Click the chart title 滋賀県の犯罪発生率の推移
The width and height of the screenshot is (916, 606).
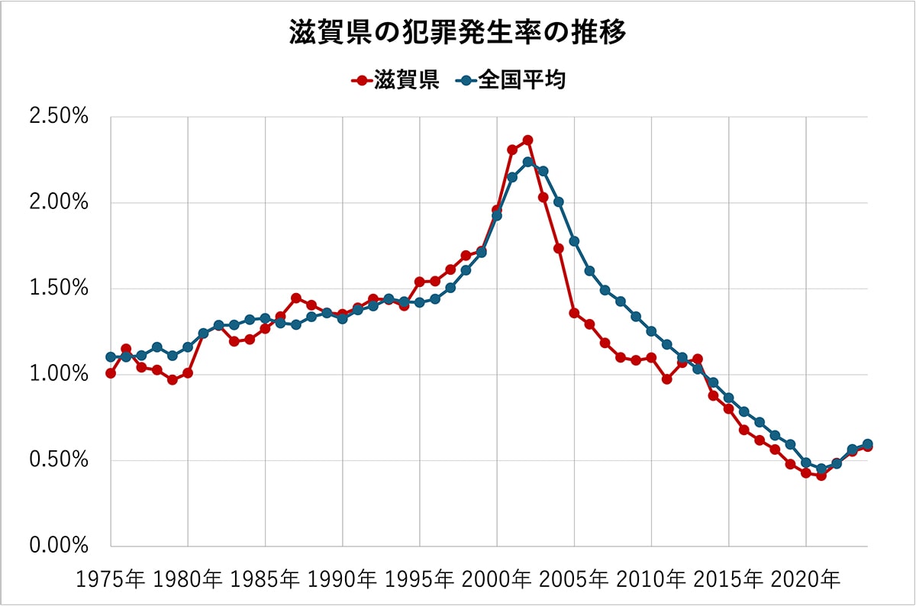click(458, 34)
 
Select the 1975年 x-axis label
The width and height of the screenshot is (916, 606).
click(111, 579)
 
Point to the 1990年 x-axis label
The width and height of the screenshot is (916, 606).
click(343, 579)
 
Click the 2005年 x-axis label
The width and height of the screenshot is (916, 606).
click(574, 579)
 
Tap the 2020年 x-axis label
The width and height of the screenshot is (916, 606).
click(805, 579)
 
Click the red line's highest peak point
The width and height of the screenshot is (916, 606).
click(527, 140)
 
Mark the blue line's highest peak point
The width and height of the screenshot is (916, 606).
click(527, 162)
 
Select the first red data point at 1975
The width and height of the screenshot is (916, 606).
click(111, 373)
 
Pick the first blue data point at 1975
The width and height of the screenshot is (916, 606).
click(111, 357)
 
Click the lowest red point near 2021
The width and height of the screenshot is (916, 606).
click(821, 475)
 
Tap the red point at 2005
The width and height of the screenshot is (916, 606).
click(574, 313)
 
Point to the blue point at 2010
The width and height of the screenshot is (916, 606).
click(651, 331)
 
